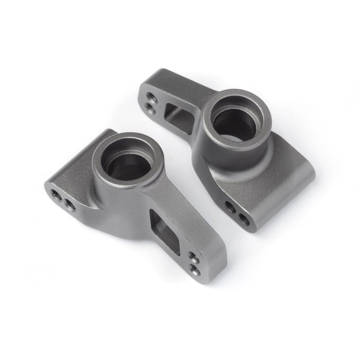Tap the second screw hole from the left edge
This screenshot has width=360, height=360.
click(70, 205)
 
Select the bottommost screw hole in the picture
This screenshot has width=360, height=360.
click(196, 269)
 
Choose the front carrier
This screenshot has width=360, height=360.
click(135, 202)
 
